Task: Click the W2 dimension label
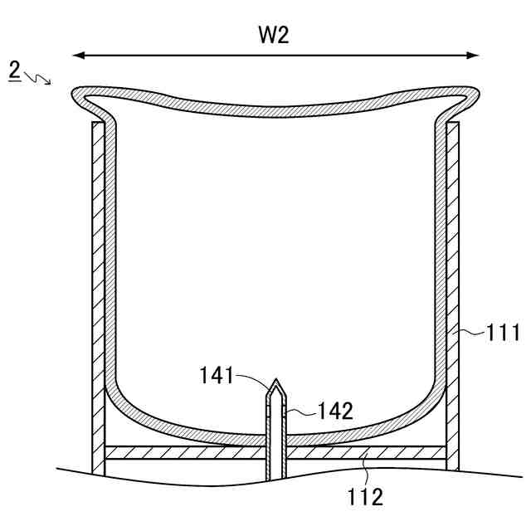[275, 37]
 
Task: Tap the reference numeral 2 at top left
[15, 71]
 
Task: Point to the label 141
[217, 376]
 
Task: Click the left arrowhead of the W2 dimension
[78, 56]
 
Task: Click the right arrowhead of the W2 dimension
[475, 56]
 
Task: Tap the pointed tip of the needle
[275, 381]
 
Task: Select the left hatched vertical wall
[98, 290]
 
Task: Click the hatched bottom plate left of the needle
[183, 453]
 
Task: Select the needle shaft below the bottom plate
[275, 470]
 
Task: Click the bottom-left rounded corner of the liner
[124, 398]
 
